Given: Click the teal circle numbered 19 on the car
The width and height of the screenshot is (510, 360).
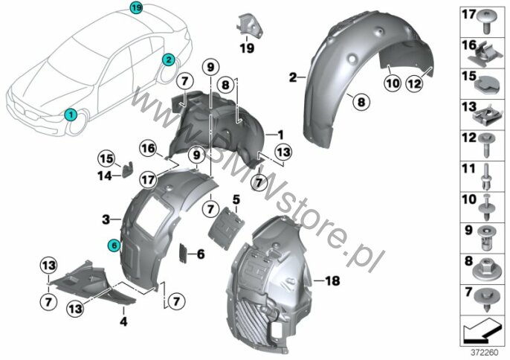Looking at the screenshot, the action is click(136, 8).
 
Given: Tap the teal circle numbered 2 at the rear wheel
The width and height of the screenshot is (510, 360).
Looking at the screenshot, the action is click(169, 60).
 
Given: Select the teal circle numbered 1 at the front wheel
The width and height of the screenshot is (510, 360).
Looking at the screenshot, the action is click(71, 115).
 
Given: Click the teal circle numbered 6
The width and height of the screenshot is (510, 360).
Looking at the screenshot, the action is click(114, 245).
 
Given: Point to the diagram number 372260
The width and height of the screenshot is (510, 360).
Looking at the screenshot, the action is click(484, 353).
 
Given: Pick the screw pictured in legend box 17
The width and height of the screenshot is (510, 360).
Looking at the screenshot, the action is click(485, 22).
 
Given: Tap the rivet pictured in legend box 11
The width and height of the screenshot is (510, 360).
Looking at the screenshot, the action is click(485, 177).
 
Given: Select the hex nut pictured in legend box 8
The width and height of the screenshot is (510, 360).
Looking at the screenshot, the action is click(485, 269).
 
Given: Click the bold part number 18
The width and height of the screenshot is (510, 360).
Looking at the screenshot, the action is click(332, 280).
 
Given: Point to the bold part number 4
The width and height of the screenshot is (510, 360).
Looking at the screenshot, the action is click(123, 322).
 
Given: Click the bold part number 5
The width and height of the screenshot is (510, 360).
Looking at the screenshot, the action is click(236, 199).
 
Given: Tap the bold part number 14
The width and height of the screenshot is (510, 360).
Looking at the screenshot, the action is click(105, 176).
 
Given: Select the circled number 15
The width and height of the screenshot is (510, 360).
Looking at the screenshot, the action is click(107, 159).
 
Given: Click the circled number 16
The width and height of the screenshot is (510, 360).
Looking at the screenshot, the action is click(149, 149).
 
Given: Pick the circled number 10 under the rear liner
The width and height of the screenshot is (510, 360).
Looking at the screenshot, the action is click(393, 83).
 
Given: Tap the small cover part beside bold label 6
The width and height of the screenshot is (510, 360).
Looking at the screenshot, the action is click(184, 253).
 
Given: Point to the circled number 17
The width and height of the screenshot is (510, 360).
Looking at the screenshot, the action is click(148, 179).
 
